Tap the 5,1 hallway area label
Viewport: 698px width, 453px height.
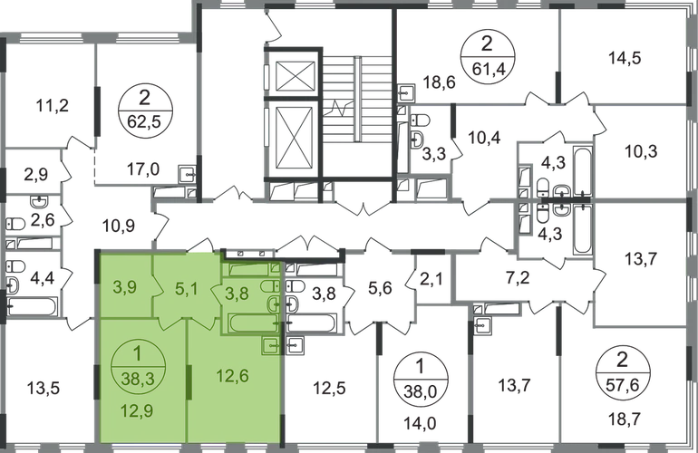click(184, 291)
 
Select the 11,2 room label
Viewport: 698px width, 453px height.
click(45, 105)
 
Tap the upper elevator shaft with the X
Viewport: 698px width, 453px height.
click(295, 75)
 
